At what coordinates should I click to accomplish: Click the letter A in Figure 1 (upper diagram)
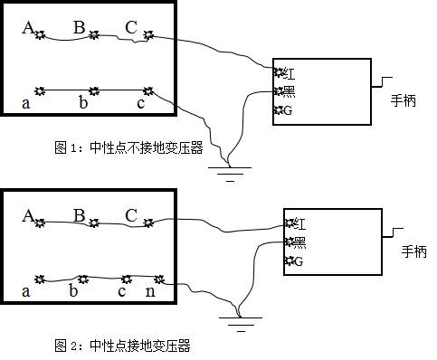pos(28,28)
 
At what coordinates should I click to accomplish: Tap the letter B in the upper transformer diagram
pos(79,28)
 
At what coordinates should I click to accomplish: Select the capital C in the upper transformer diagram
pos(130,28)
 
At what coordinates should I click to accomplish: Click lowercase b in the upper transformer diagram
pos(83,103)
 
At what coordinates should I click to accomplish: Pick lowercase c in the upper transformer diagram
pos(140,103)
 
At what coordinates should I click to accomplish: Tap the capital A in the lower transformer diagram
pos(28,215)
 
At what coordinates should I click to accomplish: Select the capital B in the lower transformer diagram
pos(79,215)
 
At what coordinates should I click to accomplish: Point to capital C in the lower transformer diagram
pos(130,215)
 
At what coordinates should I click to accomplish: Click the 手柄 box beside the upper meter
pos(404,101)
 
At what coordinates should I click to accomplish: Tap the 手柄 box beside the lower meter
pos(413,252)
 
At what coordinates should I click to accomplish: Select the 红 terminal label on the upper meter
pos(289,71)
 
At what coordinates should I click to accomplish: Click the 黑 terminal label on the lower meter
pos(299,242)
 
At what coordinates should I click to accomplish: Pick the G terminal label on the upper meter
pos(288,110)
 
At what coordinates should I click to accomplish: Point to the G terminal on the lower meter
pos(299,261)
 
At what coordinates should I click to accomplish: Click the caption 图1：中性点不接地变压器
pos(129,149)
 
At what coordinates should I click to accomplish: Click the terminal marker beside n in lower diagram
pos(159,279)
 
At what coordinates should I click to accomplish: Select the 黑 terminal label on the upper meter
pos(289,91)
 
